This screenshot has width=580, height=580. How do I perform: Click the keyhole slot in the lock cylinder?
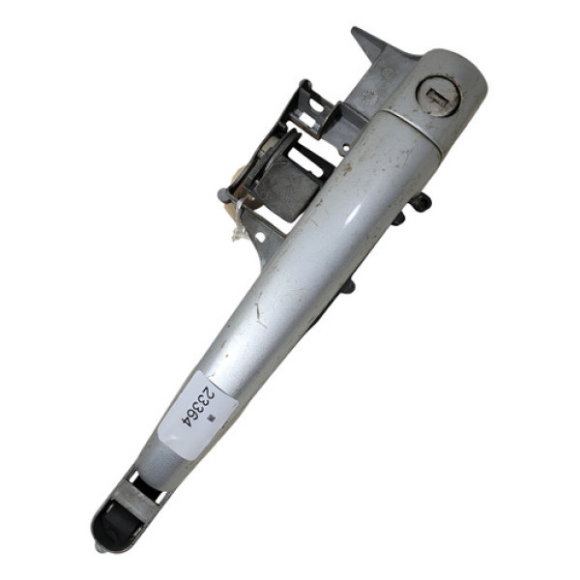pyautogui.click(x=436, y=97)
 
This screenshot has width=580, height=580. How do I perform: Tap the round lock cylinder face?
pyautogui.click(x=437, y=97)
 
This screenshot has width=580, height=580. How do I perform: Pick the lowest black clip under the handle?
pyautogui.click(x=349, y=286)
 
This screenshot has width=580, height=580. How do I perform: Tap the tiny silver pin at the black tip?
pyautogui.click(x=100, y=547)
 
